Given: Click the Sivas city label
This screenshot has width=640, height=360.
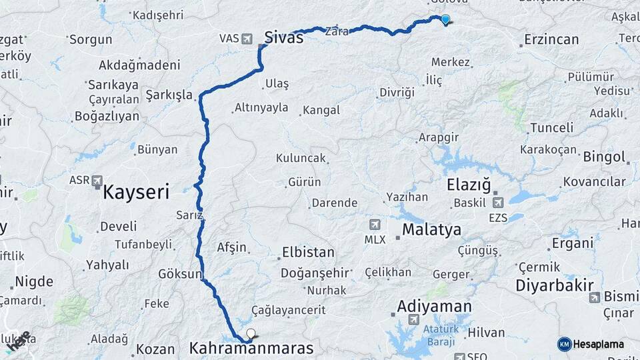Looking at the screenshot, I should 283,37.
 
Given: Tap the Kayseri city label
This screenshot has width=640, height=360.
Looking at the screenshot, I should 136,193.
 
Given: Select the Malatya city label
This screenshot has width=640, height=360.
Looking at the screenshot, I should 431,230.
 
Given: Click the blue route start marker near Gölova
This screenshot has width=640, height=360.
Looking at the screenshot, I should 445,20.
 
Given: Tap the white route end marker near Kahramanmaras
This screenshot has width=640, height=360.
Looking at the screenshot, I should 251,333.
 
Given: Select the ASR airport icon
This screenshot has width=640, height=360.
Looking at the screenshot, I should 97,180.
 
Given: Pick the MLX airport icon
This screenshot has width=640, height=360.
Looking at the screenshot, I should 375,224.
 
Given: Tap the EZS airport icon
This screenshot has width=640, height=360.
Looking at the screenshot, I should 498,202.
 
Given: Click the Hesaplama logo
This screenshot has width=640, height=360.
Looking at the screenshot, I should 591,344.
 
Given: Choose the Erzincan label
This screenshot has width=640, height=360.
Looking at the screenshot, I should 551,40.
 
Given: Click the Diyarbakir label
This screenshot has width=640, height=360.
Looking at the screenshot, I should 554,286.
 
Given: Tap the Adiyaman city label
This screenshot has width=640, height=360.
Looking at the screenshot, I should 434,307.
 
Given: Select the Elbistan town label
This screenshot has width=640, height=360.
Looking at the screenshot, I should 308,253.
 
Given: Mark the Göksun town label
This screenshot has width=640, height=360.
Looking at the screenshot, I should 180,274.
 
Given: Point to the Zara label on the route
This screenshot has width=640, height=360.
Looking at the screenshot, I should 336,31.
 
